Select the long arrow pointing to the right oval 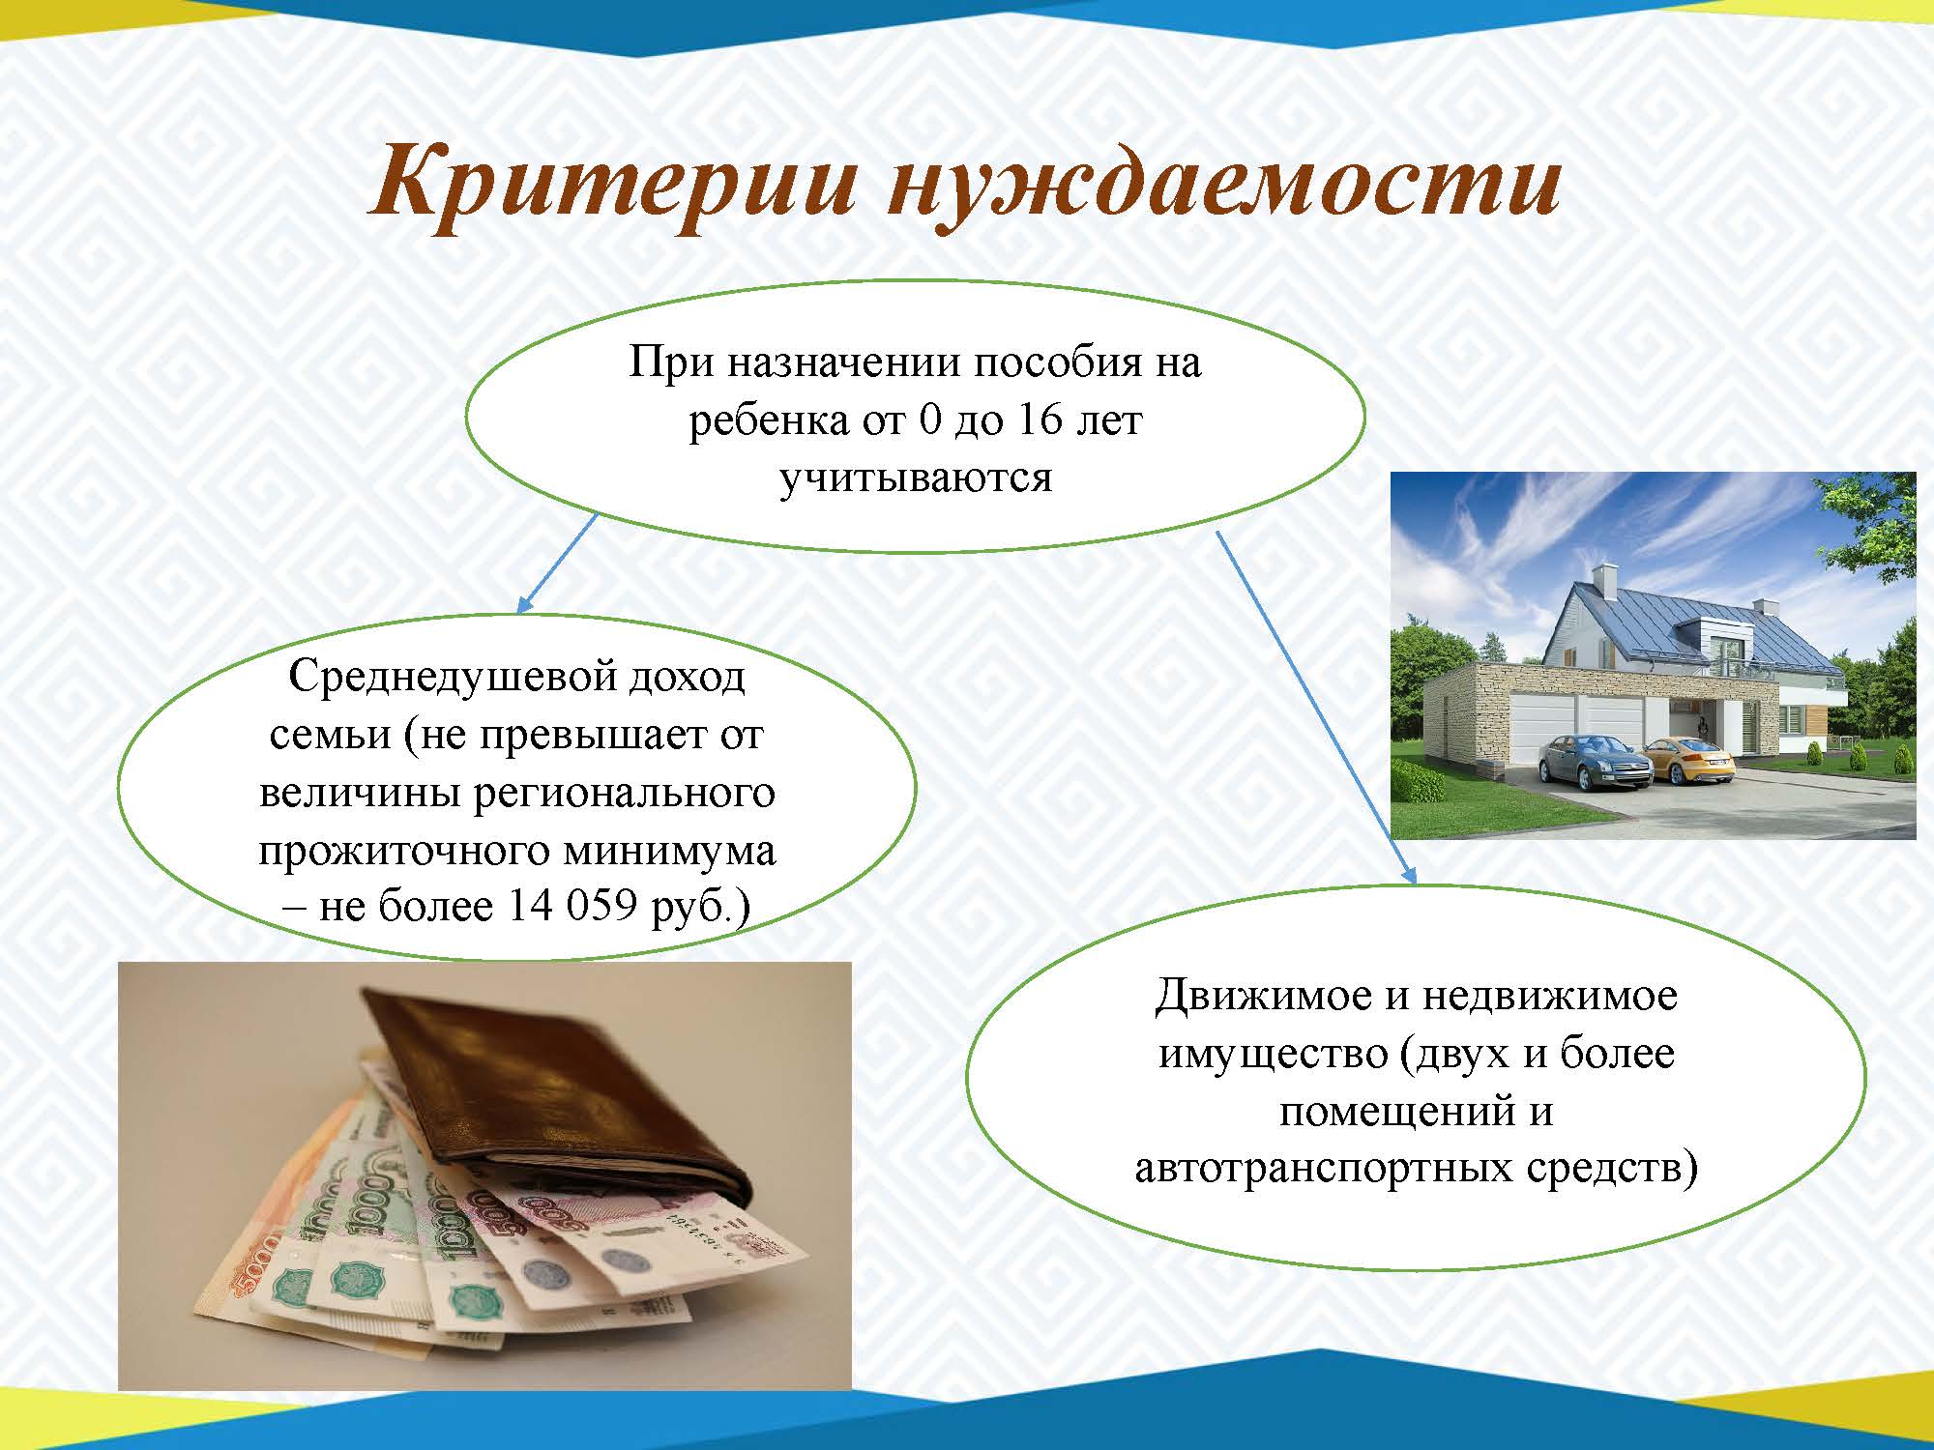[x=1316, y=707]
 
